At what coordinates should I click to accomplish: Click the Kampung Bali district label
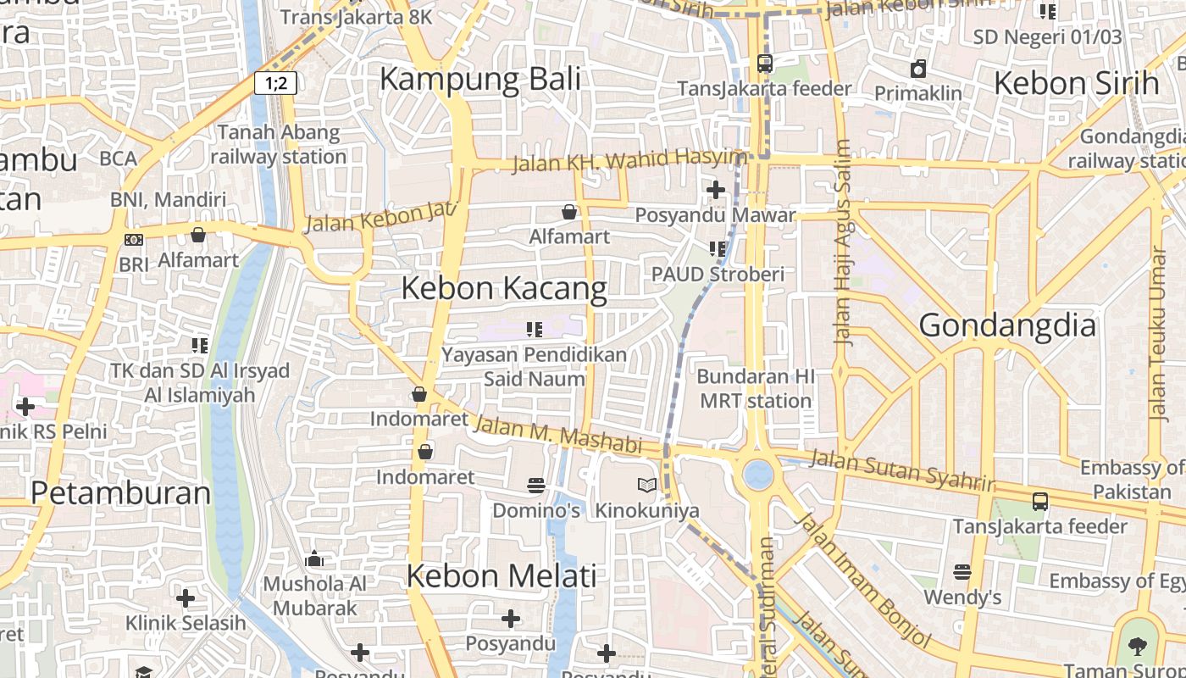pos(480,79)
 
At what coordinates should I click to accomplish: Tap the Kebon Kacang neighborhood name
pos(504,288)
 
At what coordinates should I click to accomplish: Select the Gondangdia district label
pos(1007,325)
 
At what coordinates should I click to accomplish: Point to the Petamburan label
pos(121,492)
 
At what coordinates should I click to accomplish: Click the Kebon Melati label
pos(502,576)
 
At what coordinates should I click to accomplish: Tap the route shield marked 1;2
pos(275,83)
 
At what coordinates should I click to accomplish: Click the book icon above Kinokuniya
pos(647,486)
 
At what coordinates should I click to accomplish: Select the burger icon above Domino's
pos(535,486)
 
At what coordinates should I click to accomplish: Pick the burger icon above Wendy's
pos(962,572)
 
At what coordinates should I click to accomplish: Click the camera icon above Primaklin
pos(917,69)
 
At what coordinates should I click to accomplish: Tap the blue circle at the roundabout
pos(758,475)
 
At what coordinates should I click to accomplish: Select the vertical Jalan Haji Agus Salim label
pos(842,242)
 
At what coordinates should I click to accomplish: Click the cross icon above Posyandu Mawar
pos(716,190)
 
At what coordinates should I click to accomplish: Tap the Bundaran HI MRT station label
pos(756,388)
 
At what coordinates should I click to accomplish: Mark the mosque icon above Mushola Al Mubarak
pos(314,559)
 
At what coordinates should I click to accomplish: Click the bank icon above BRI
pos(133,240)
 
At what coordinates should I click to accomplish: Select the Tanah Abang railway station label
pos(279,144)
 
